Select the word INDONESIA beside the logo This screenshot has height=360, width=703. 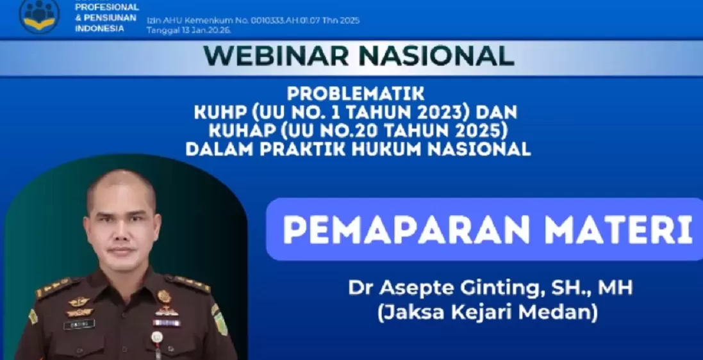[x=99, y=28]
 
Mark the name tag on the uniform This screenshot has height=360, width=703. [x=79, y=325]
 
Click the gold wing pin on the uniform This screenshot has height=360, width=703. [x=80, y=301]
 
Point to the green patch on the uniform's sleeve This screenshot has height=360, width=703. [x=220, y=320]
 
